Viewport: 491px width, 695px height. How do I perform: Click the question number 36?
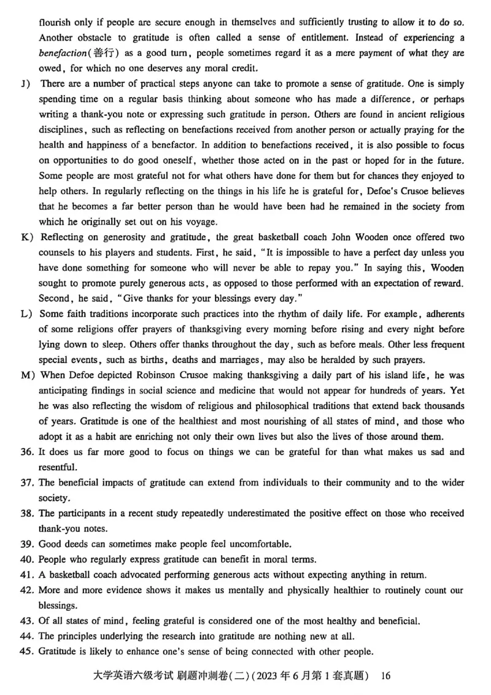tap(29, 452)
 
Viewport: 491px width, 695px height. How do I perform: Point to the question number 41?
tap(29, 575)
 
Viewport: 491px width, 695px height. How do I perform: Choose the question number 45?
tap(29, 652)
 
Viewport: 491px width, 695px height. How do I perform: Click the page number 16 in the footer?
tap(385, 676)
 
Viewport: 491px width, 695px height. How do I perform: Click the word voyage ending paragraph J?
tap(198, 222)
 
